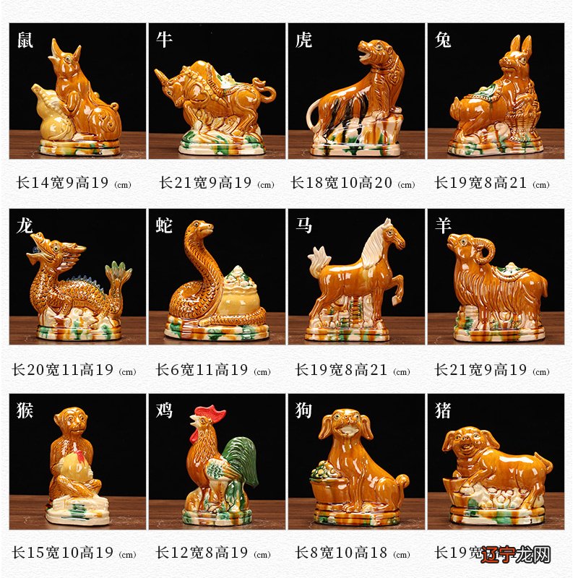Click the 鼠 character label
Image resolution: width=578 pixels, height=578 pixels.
25,40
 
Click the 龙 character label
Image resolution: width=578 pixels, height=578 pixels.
25,225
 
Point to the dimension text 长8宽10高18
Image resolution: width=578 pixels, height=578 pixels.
342,553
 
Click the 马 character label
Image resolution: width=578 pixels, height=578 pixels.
304,225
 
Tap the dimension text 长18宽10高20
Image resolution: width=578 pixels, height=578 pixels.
342,183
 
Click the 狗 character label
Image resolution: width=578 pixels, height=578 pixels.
304,410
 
